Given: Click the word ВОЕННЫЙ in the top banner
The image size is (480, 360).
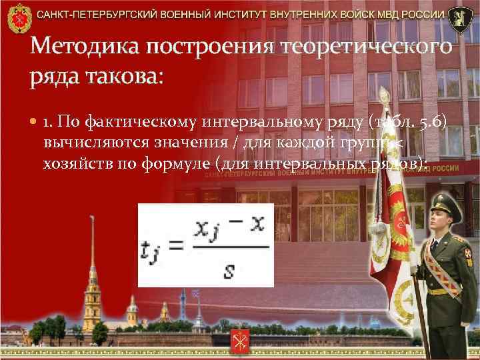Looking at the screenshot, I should pos(191,14).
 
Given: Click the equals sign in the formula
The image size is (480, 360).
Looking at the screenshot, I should pos(173,247).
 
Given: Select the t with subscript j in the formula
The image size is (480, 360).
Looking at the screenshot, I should pos(151,249).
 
